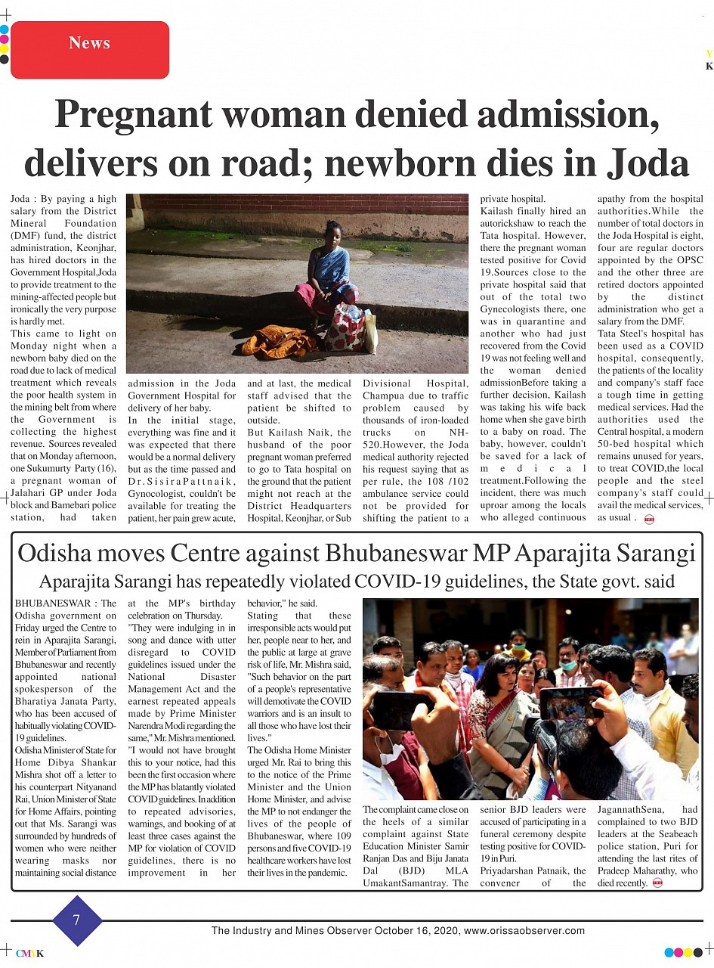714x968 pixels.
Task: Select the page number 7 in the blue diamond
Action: [x=76, y=920]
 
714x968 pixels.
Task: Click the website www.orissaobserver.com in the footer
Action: [x=524, y=931]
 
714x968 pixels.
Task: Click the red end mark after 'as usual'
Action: [x=649, y=520]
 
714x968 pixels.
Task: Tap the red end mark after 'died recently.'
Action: [x=657, y=883]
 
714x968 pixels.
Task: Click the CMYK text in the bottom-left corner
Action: [x=29, y=954]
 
